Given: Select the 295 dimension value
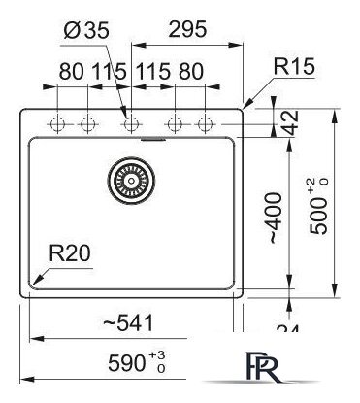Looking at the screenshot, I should pos(186,30).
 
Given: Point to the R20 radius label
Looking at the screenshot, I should pos(70,256).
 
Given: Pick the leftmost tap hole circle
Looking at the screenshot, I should pos(57,124).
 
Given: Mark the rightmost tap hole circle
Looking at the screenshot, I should pos(205,124).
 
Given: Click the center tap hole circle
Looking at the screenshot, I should pos(130,124).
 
